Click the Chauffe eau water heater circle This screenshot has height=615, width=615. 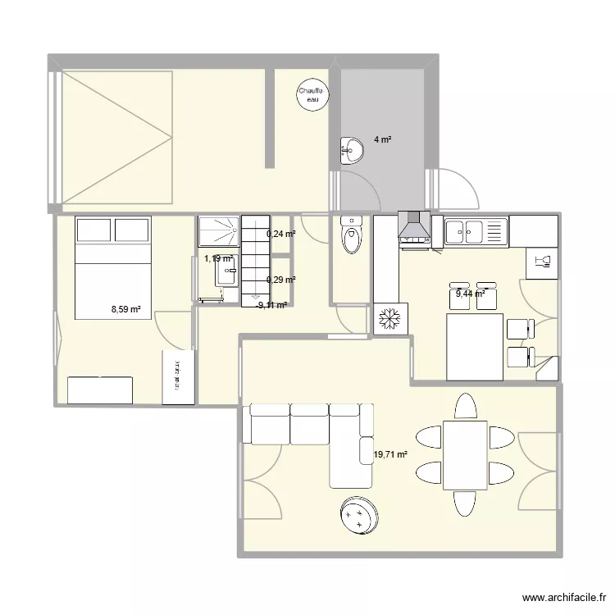click(x=312, y=94)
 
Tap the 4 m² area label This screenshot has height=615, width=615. click(x=382, y=140)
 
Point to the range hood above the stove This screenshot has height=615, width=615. click(x=414, y=226)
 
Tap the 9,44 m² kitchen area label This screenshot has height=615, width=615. click(x=471, y=293)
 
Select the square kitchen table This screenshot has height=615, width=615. click(x=474, y=348)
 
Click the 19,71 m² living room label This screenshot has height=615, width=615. click(x=391, y=453)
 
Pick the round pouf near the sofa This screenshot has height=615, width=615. click(x=358, y=515)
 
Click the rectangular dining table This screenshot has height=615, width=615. click(x=465, y=455)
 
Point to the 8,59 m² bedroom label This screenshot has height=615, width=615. click(x=126, y=310)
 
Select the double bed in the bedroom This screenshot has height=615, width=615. click(x=113, y=267)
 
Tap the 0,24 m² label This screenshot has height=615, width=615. click(x=280, y=234)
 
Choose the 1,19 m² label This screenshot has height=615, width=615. click(x=219, y=258)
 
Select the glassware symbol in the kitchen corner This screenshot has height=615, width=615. click(x=541, y=262)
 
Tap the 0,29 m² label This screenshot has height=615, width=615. click(x=280, y=280)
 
